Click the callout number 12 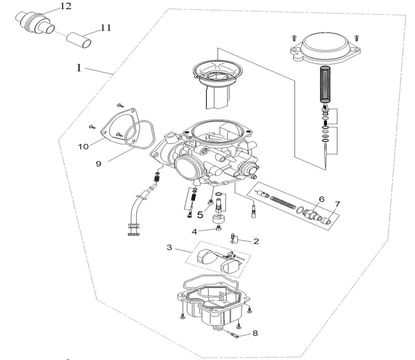click(x=65, y=6)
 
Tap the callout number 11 click(x=106, y=28)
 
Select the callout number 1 click(x=79, y=68)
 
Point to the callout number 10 click(x=83, y=146)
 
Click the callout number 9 click(x=98, y=163)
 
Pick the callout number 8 click(x=255, y=334)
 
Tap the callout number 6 click(x=321, y=199)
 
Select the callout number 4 click(x=195, y=231)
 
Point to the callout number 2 click(x=256, y=241)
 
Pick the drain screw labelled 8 click(x=234, y=334)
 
